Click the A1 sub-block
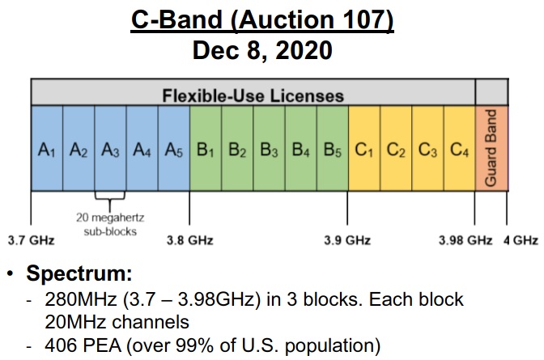tap(47, 148)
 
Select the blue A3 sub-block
tap(110, 148)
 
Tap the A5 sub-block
tap(174, 148)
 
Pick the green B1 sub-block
tap(206, 148)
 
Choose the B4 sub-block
tap(301, 148)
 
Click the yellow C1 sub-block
tap(364, 148)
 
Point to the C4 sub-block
tap(459, 148)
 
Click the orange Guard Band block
tap(491, 148)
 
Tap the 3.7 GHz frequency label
tap(32, 240)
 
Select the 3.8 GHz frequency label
tap(189, 240)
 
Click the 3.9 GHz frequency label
tap(347, 240)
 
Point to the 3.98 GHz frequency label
tap(465, 240)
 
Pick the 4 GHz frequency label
tap(521, 240)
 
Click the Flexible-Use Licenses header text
tap(253, 95)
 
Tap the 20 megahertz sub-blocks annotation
tap(110, 224)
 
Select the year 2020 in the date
tap(304, 50)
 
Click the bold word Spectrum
tap(79, 273)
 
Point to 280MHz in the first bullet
tap(81, 299)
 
